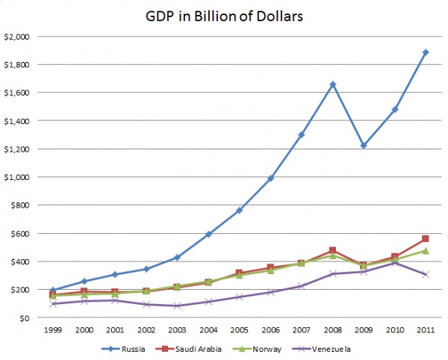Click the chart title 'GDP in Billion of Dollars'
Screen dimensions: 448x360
pos(224,16)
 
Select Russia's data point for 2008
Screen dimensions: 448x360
pos(332,84)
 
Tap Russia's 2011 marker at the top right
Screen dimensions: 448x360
pos(426,52)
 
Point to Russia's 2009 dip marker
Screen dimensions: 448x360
pos(364,146)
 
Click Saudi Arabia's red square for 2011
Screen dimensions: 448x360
pos(425,238)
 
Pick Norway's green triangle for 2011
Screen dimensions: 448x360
pos(426,251)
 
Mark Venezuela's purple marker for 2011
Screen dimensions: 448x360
pos(426,275)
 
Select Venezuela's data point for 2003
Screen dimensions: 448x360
pos(177,306)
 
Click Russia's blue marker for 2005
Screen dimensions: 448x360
pos(240,211)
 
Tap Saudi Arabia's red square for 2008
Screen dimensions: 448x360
pos(332,250)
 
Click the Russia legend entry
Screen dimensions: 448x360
pos(123,349)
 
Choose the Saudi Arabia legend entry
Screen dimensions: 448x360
pos(188,349)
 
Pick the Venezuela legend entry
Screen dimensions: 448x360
pos(321,349)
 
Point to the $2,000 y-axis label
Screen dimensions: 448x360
pos(17,37)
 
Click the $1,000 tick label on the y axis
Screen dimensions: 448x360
pos(17,178)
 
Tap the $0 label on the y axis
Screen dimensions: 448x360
pos(25,318)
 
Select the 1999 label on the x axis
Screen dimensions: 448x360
pos(53,330)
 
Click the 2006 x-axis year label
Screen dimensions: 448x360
pos(270,330)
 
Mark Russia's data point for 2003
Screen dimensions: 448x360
pos(177,258)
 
